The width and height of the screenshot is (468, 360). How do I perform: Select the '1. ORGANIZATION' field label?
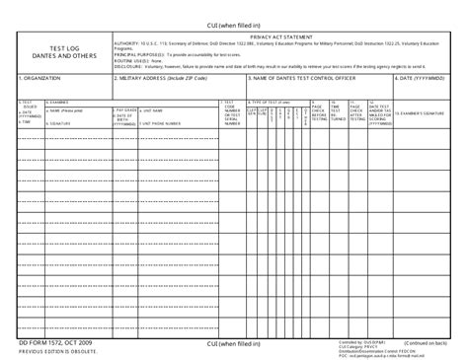click(37, 76)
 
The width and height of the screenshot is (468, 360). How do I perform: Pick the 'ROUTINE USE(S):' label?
click(131, 60)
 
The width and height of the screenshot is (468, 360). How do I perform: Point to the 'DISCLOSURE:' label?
click(128, 66)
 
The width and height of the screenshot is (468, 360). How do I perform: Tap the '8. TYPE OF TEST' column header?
click(271, 102)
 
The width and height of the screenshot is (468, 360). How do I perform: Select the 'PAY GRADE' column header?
click(125, 109)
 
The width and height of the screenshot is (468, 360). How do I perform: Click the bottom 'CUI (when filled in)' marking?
click(233, 342)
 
